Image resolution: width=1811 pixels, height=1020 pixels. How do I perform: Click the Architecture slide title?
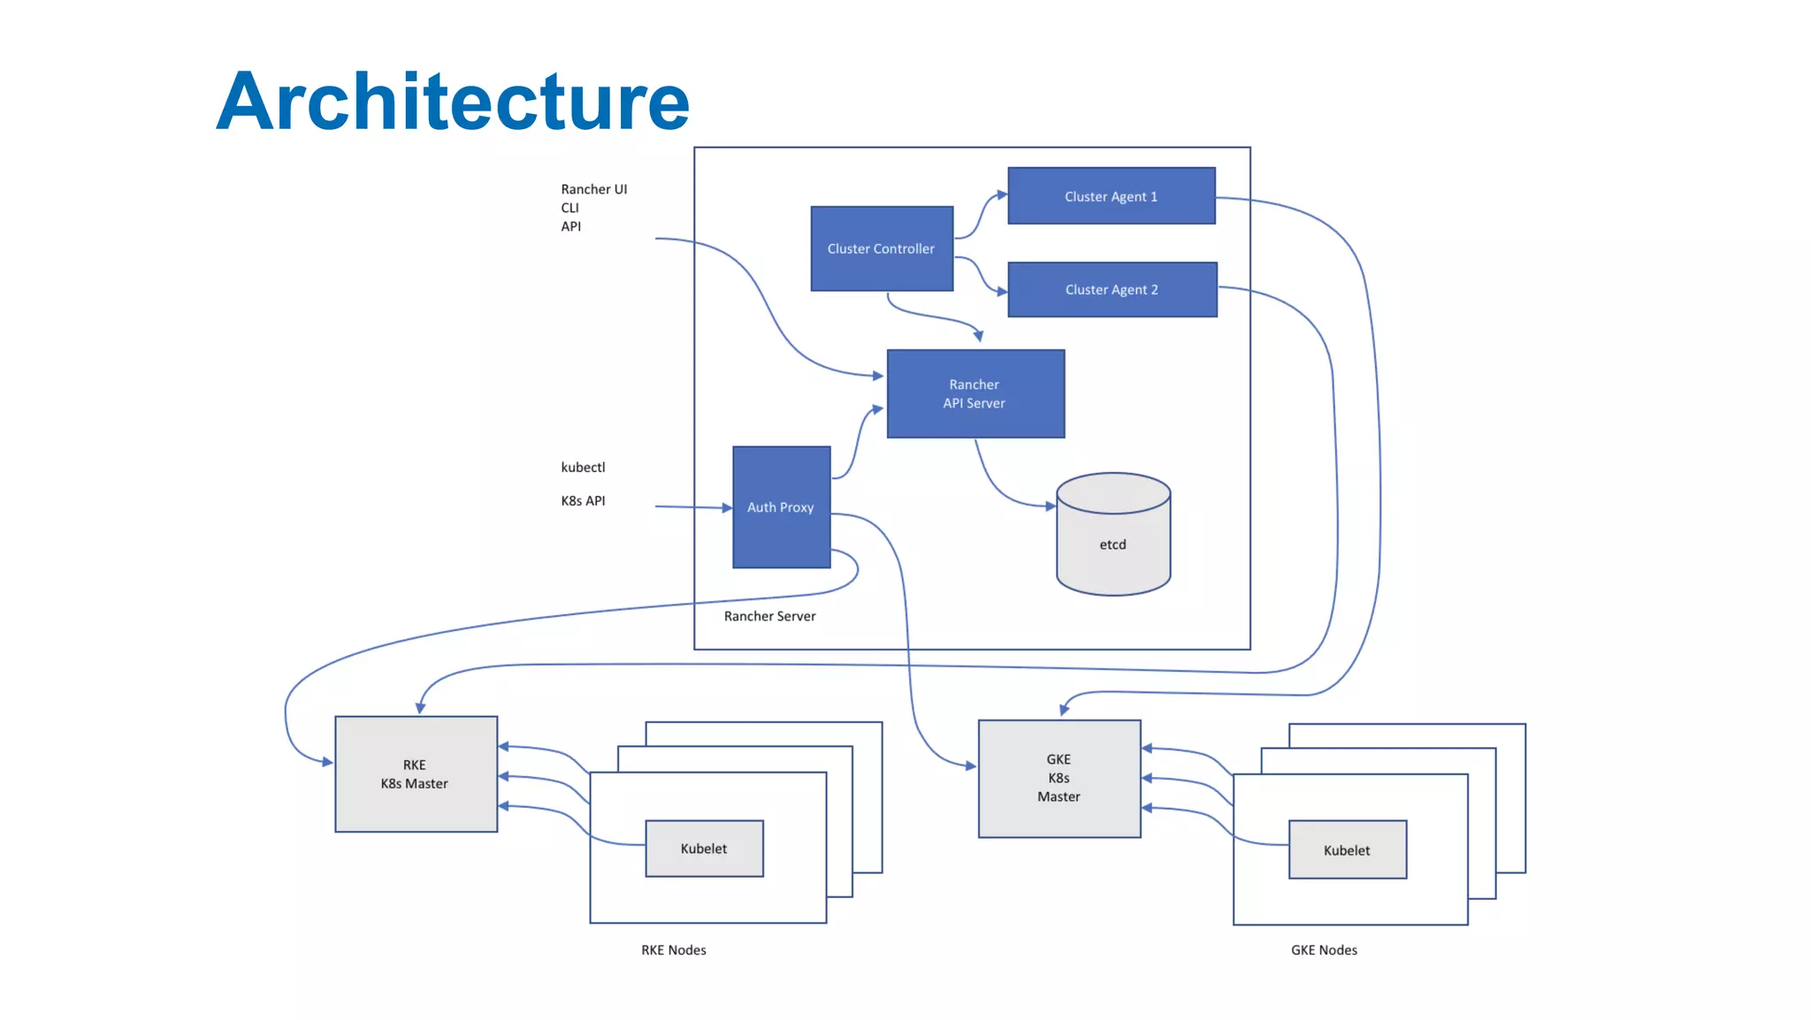point(452,102)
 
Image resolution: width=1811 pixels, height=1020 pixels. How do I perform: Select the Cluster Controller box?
point(882,248)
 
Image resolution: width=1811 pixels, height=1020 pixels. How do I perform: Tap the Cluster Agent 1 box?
point(1112,196)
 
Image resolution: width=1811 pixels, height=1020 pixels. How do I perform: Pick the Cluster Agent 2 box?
point(1112,289)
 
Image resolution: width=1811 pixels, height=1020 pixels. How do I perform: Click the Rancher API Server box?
point(974,393)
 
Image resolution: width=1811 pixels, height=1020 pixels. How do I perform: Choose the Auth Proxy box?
point(781,506)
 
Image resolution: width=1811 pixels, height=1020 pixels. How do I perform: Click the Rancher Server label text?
point(769,616)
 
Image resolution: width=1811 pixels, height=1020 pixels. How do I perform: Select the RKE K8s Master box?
point(416,774)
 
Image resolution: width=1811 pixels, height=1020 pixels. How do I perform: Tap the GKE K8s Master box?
point(1058,778)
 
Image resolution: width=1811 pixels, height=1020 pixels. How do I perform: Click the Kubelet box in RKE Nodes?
point(704,849)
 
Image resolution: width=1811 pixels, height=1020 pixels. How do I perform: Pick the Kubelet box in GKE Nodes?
point(1347,850)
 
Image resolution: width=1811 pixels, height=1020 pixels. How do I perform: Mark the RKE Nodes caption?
point(674,950)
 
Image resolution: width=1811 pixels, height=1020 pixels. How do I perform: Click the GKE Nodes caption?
point(1324,950)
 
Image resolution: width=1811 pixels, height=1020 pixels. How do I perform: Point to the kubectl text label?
point(583,467)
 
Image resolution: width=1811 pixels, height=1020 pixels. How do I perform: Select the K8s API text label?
point(583,500)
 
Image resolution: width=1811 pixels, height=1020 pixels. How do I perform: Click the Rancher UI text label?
point(593,189)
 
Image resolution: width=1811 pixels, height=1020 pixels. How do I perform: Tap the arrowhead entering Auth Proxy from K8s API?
point(727,508)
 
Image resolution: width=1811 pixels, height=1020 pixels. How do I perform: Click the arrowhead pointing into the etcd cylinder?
point(1051,506)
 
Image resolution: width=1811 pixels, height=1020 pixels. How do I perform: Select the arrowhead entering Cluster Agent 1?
point(1002,194)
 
